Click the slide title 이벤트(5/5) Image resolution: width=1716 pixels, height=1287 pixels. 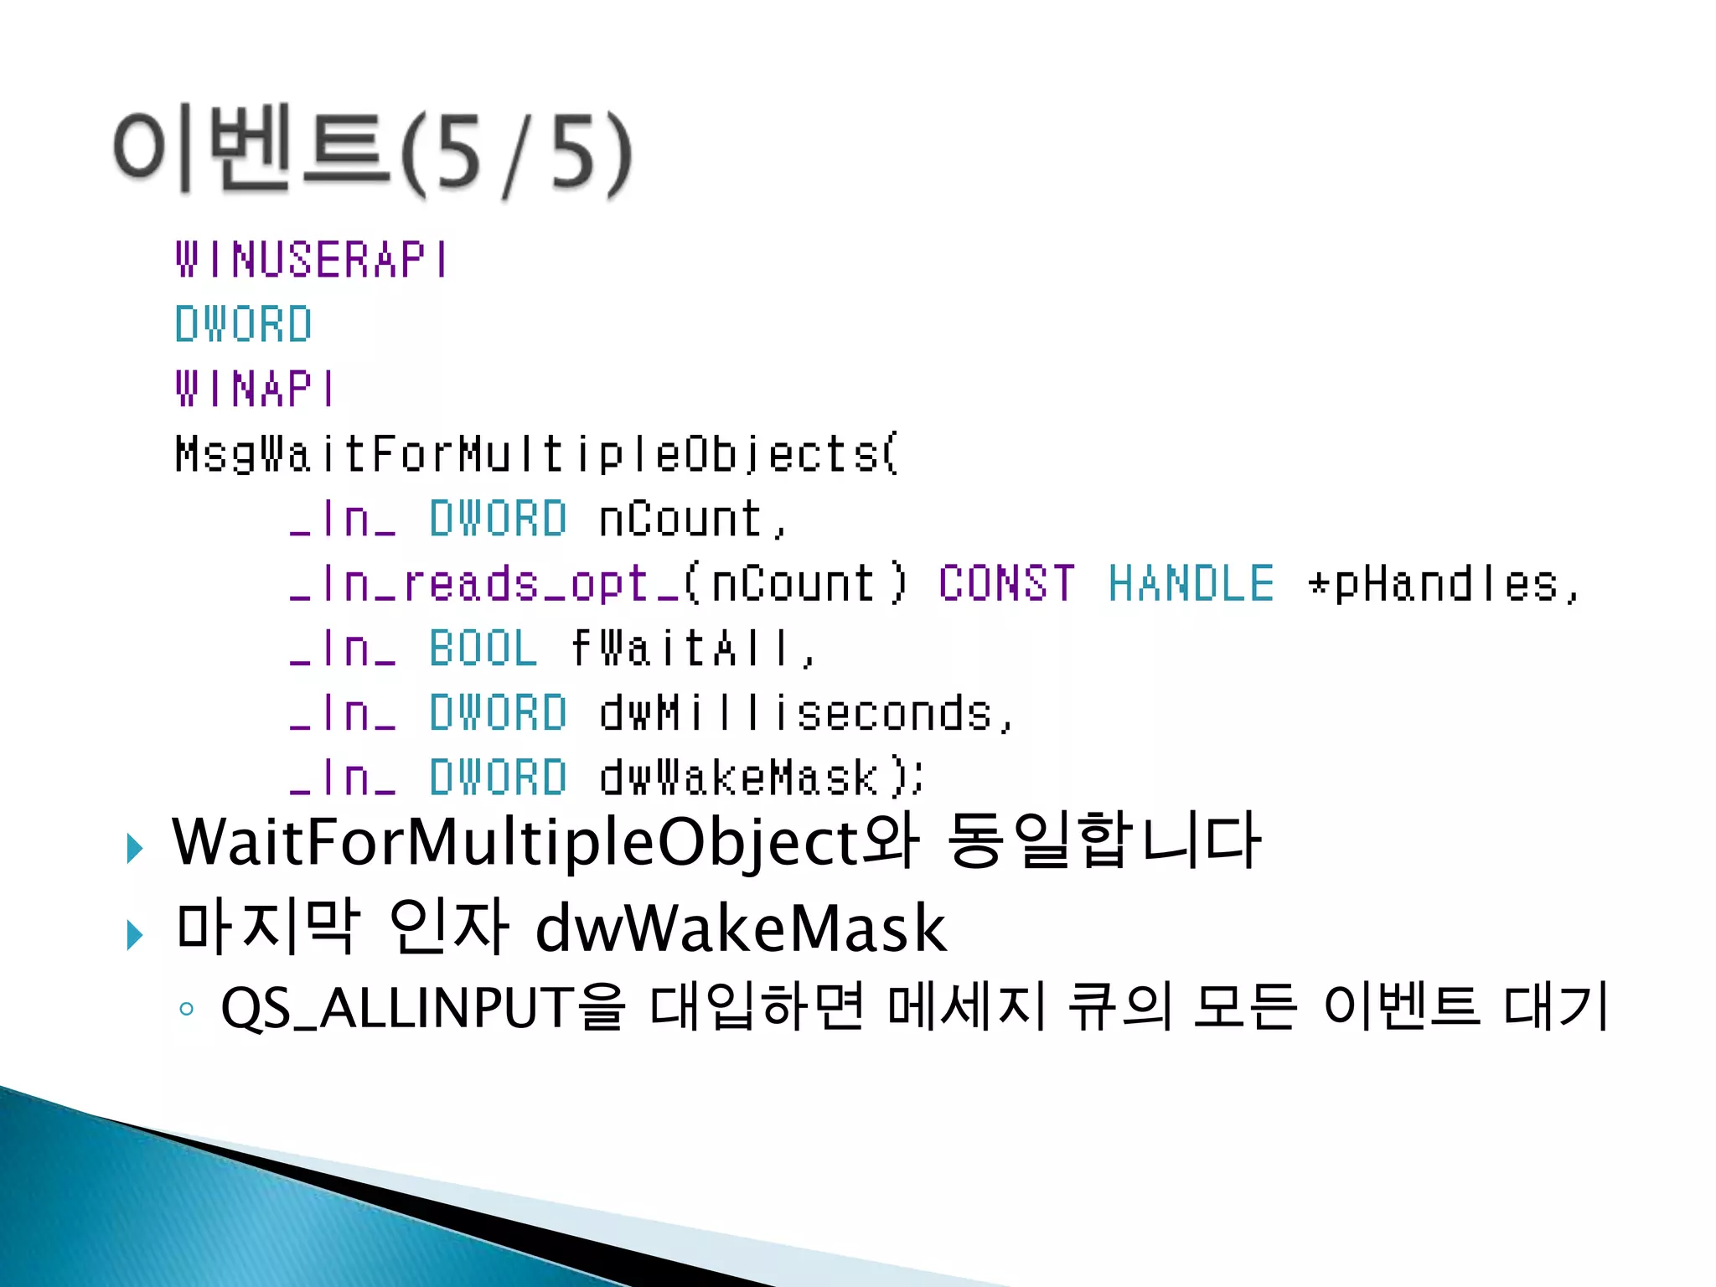pos(373,151)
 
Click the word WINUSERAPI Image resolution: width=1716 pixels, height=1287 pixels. pos(312,260)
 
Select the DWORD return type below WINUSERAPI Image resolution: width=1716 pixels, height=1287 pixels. pos(243,324)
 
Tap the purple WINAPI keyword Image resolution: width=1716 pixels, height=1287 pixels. pos(255,390)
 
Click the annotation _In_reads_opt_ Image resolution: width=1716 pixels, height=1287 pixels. pos(483,584)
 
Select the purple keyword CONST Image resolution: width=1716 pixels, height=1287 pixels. pos(1006,584)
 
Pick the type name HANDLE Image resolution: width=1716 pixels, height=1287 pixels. pos(1191,584)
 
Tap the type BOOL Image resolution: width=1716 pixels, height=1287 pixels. pos(483,649)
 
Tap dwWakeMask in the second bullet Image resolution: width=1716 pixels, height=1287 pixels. pos(741,929)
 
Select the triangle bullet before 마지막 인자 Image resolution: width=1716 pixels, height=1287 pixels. pos(134,934)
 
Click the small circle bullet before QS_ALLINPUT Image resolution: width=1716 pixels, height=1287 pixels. pos(187,1010)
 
